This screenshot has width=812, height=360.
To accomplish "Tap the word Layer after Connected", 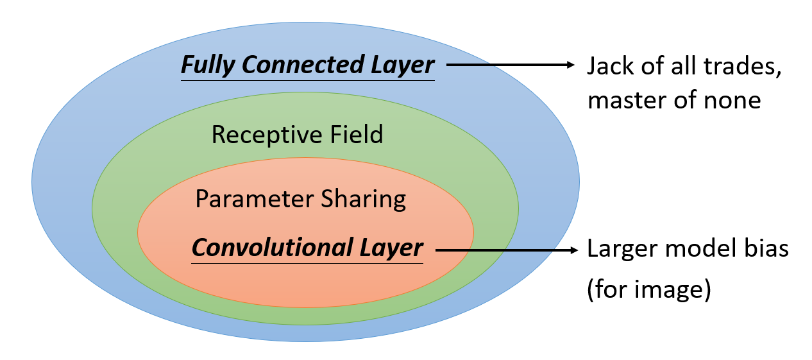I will (403, 65).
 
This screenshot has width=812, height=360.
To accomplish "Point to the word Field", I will (355, 135).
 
